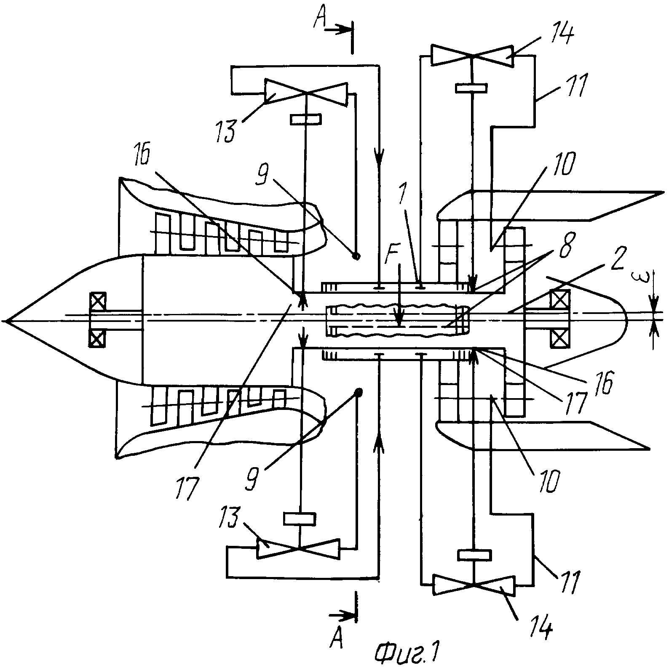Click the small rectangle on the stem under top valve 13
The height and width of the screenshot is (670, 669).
tap(305, 119)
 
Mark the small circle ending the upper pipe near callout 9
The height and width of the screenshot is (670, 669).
tap(356, 256)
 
